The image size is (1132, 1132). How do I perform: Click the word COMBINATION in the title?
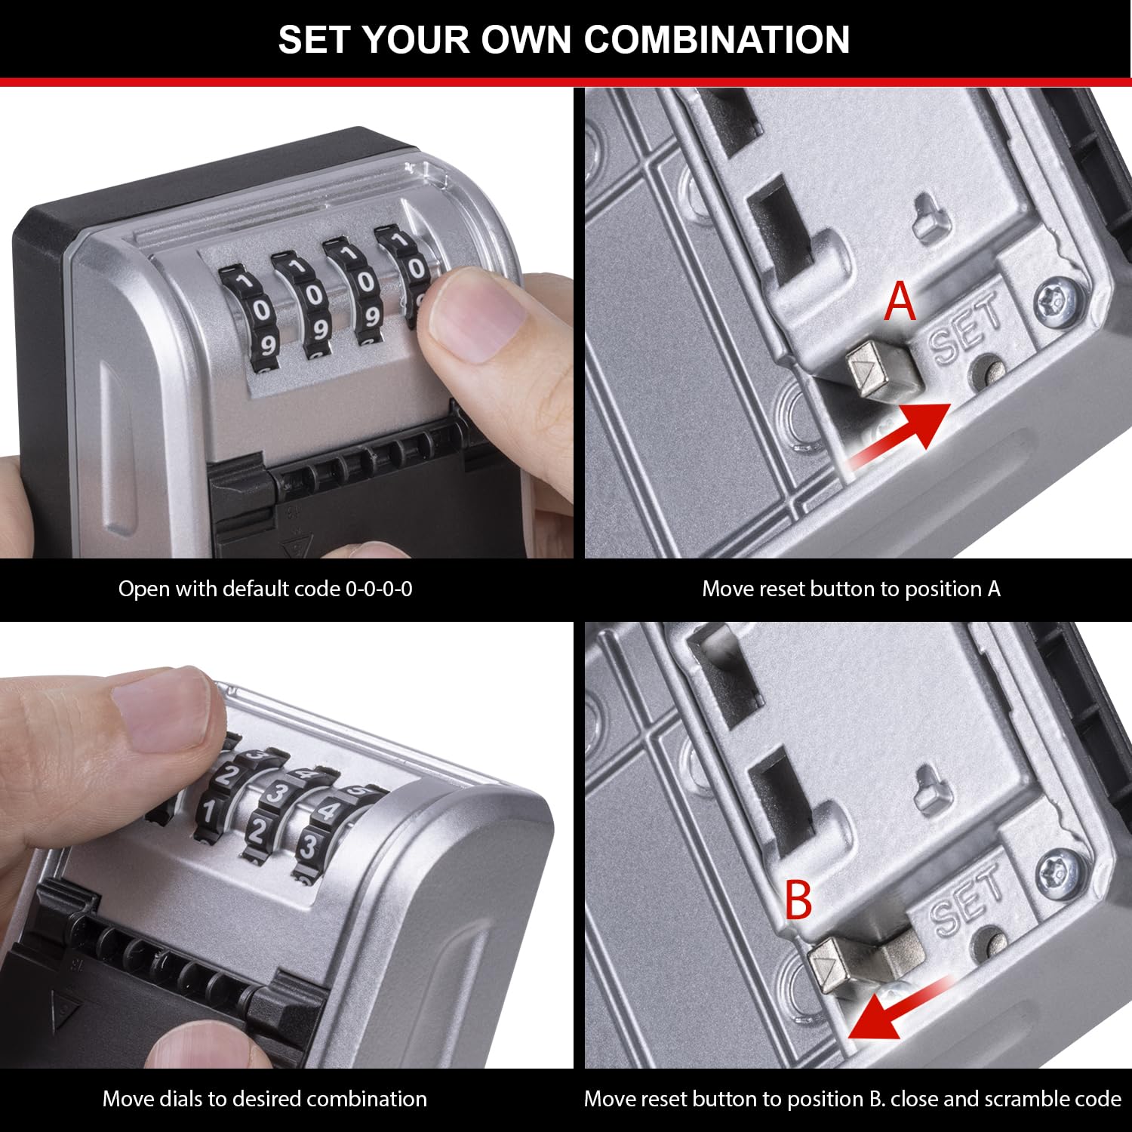coord(716,39)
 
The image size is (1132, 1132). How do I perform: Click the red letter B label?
coord(798,900)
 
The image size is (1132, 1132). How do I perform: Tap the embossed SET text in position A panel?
coord(966,332)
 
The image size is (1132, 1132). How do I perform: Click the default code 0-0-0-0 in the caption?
coord(379,589)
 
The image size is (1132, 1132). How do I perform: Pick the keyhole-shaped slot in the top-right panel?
coord(929,218)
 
